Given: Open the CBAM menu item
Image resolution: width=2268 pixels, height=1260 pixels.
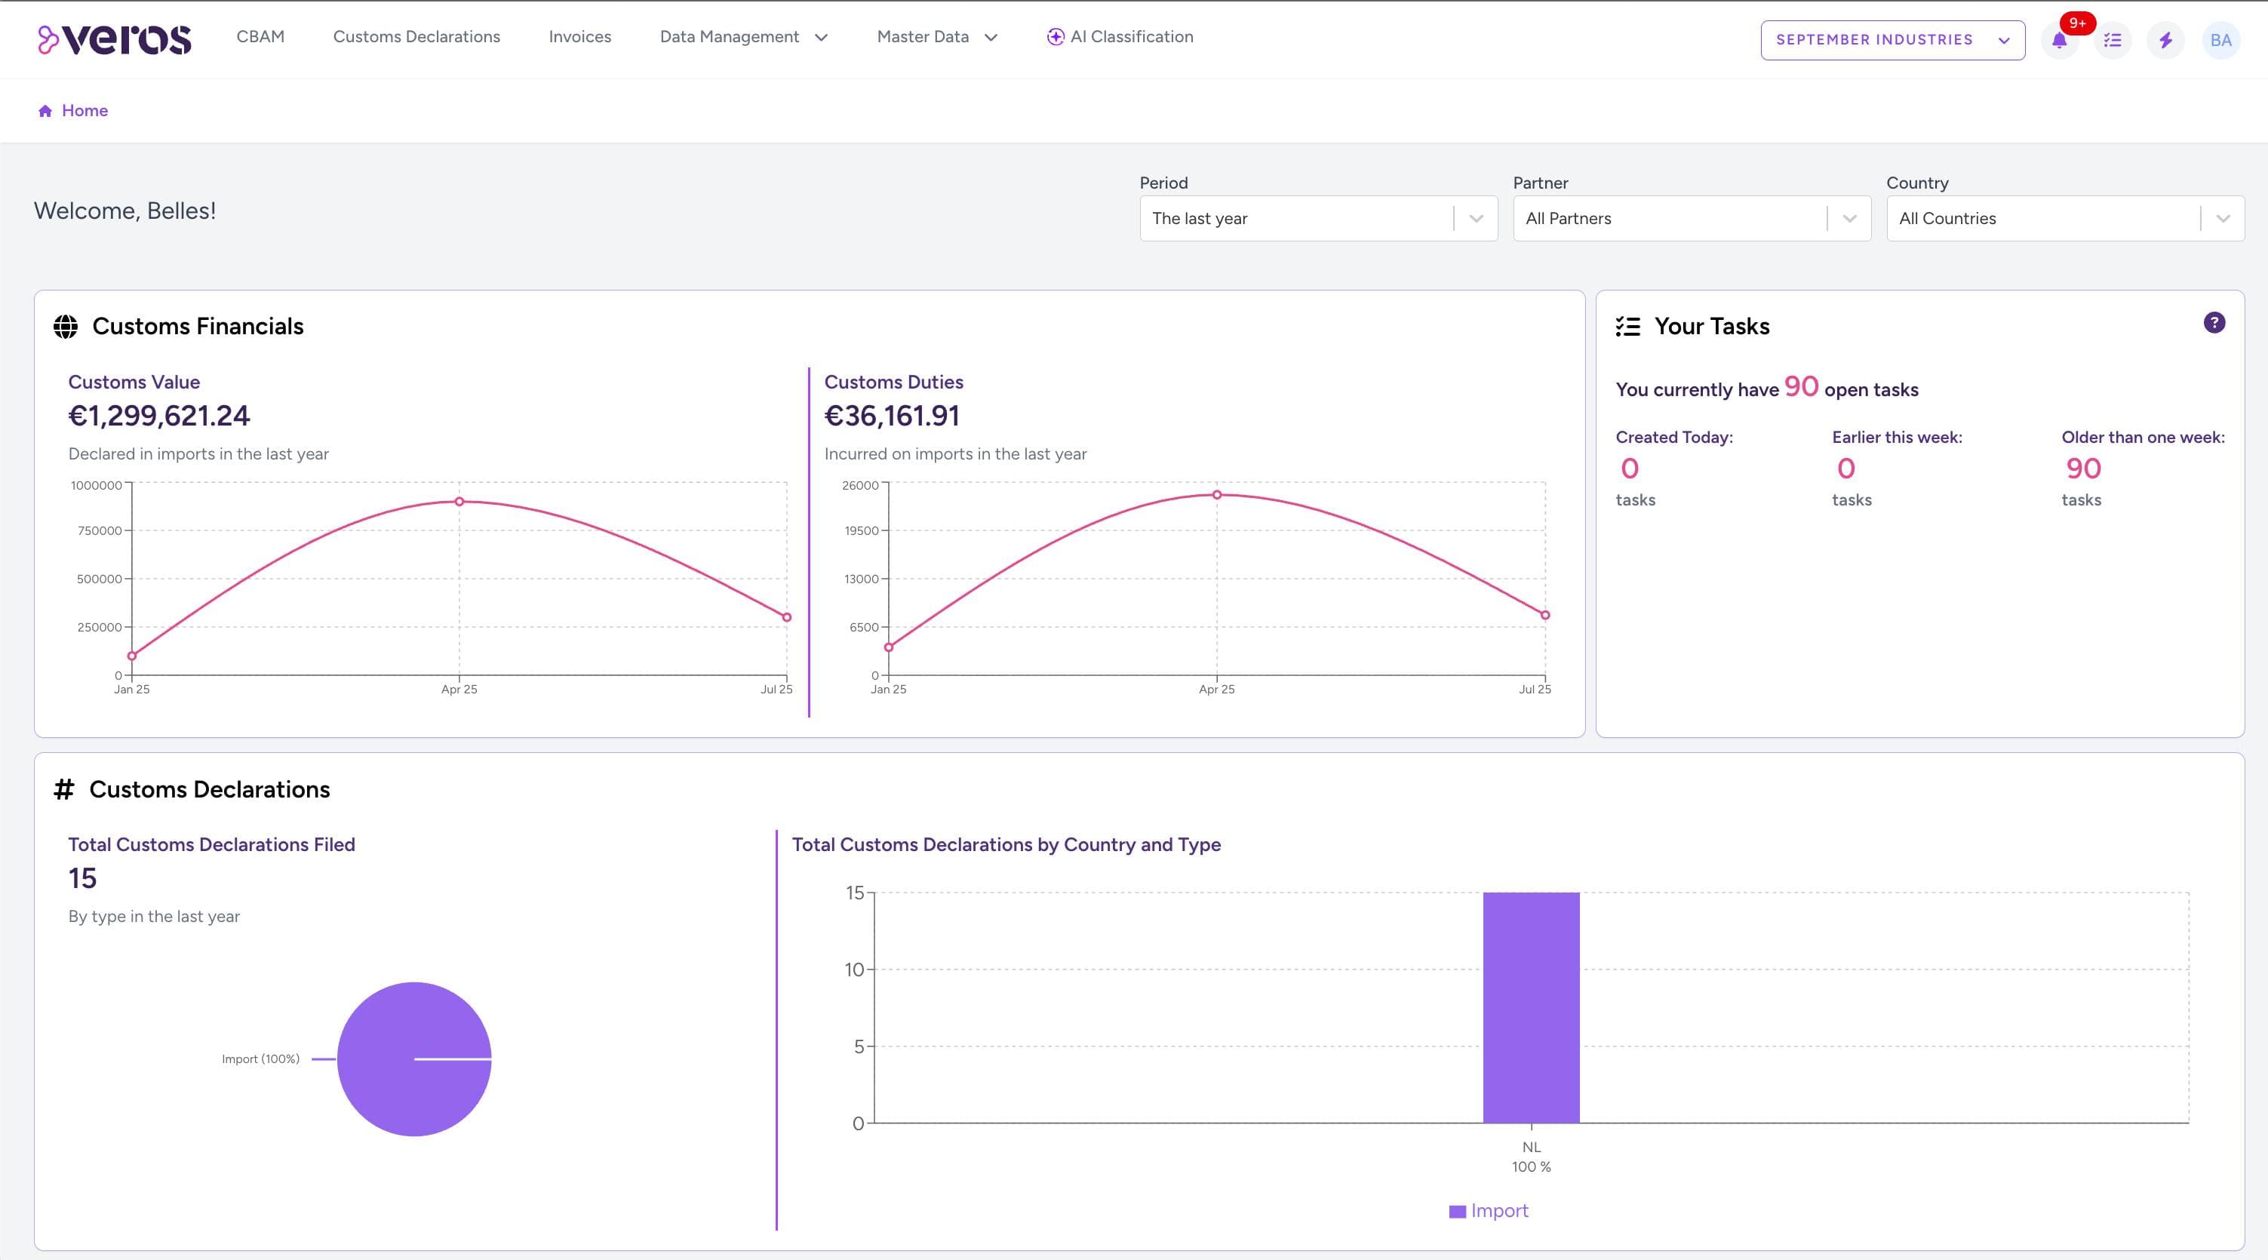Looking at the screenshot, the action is point(260,37).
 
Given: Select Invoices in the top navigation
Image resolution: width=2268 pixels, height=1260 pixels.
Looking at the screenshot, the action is point(579,37).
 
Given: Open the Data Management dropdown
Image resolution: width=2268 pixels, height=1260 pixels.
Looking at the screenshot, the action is point(743,37).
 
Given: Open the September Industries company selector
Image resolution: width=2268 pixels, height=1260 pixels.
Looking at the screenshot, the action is point(1892,40).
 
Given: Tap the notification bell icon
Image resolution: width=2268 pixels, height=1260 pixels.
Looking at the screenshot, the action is point(2058,41).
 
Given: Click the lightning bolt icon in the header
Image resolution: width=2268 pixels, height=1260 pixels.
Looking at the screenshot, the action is point(2165,41).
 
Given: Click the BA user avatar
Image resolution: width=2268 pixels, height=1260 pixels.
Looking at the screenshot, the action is point(2220,41).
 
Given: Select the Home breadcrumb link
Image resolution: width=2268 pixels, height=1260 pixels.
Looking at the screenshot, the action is point(84,111).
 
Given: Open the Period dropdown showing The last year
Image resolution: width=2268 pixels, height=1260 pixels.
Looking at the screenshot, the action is point(1317,218).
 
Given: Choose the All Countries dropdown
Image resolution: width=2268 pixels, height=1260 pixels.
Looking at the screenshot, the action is point(2064,218).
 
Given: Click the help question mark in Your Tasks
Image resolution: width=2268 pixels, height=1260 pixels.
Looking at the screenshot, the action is point(2214,323).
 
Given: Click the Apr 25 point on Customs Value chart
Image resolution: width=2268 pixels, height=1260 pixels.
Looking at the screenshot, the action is point(459,502).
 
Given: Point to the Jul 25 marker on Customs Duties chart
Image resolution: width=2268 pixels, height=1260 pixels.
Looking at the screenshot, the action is point(1544,616).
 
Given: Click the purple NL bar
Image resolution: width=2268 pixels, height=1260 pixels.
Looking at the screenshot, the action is point(1530,1007).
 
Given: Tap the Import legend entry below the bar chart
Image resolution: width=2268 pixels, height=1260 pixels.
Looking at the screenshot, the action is point(1488,1211).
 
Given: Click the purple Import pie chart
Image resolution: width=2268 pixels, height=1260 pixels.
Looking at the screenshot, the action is point(413,1059).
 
